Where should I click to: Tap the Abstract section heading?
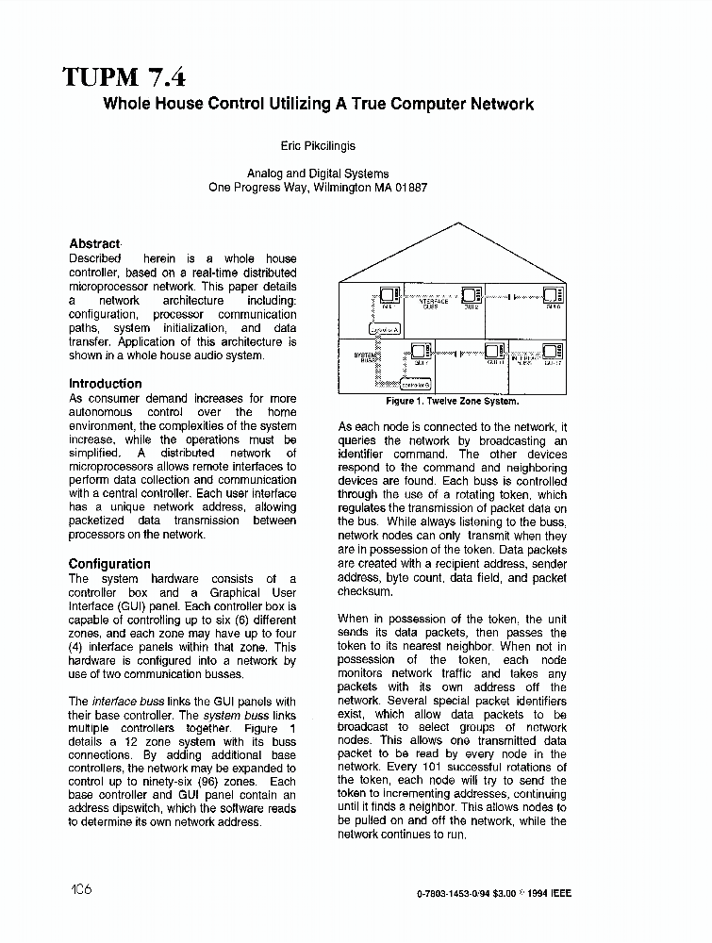pos(94,243)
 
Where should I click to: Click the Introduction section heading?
pos(106,384)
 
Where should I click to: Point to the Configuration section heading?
pos(109,564)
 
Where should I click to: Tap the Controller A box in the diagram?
pos(385,328)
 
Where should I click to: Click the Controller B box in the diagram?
pos(416,385)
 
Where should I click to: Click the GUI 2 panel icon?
pos(469,296)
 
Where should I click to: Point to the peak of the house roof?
pos(457,223)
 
